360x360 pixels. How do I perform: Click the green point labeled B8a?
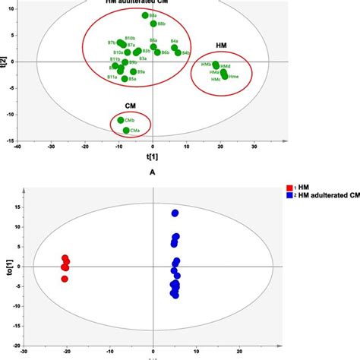(x=145, y=15)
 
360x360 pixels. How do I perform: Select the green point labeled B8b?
(x=153, y=24)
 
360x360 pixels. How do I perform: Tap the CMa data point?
(x=126, y=131)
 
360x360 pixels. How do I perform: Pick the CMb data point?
(x=121, y=120)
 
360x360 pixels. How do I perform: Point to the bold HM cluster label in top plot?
(x=221, y=47)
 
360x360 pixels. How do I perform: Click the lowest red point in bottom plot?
(x=65, y=279)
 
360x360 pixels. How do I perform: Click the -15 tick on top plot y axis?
(x=22, y=139)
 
